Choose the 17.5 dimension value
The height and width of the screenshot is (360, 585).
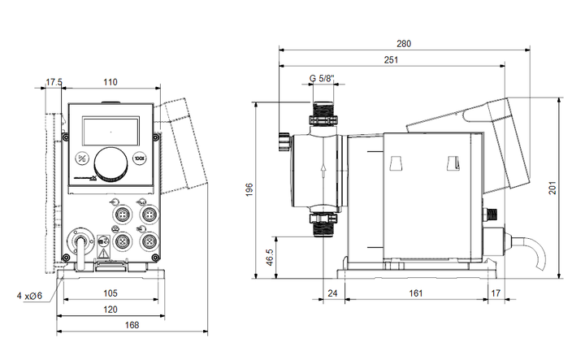(x=54, y=81)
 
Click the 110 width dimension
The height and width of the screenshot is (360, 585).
(x=111, y=81)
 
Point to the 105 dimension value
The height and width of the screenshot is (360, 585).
(x=110, y=293)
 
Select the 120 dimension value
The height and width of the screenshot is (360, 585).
(x=110, y=310)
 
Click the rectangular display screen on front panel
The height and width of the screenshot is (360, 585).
(x=110, y=129)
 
